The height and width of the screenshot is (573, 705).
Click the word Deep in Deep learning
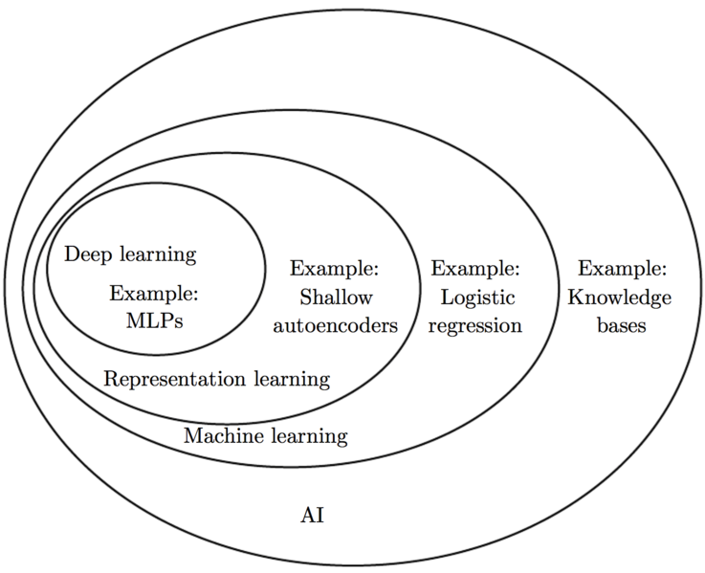88,255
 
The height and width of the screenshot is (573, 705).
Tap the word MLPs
155,321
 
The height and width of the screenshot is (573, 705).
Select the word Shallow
336,298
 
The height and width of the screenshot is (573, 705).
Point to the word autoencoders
336,325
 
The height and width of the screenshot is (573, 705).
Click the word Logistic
477,298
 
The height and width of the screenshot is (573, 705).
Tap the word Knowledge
620,298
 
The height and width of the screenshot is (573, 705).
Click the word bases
622,325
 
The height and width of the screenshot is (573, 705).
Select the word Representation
174,379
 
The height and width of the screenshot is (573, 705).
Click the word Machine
224,435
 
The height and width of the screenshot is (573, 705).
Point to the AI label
312,515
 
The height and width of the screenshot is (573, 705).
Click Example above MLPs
154,295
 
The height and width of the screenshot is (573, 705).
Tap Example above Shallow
335,269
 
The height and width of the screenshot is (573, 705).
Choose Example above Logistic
475,269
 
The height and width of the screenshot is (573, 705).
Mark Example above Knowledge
623,269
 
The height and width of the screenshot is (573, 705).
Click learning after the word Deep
158,255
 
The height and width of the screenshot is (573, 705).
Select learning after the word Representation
293,379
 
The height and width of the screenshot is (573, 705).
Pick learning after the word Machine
310,436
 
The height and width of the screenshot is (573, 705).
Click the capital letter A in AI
307,515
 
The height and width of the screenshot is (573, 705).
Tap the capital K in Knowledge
576,297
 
